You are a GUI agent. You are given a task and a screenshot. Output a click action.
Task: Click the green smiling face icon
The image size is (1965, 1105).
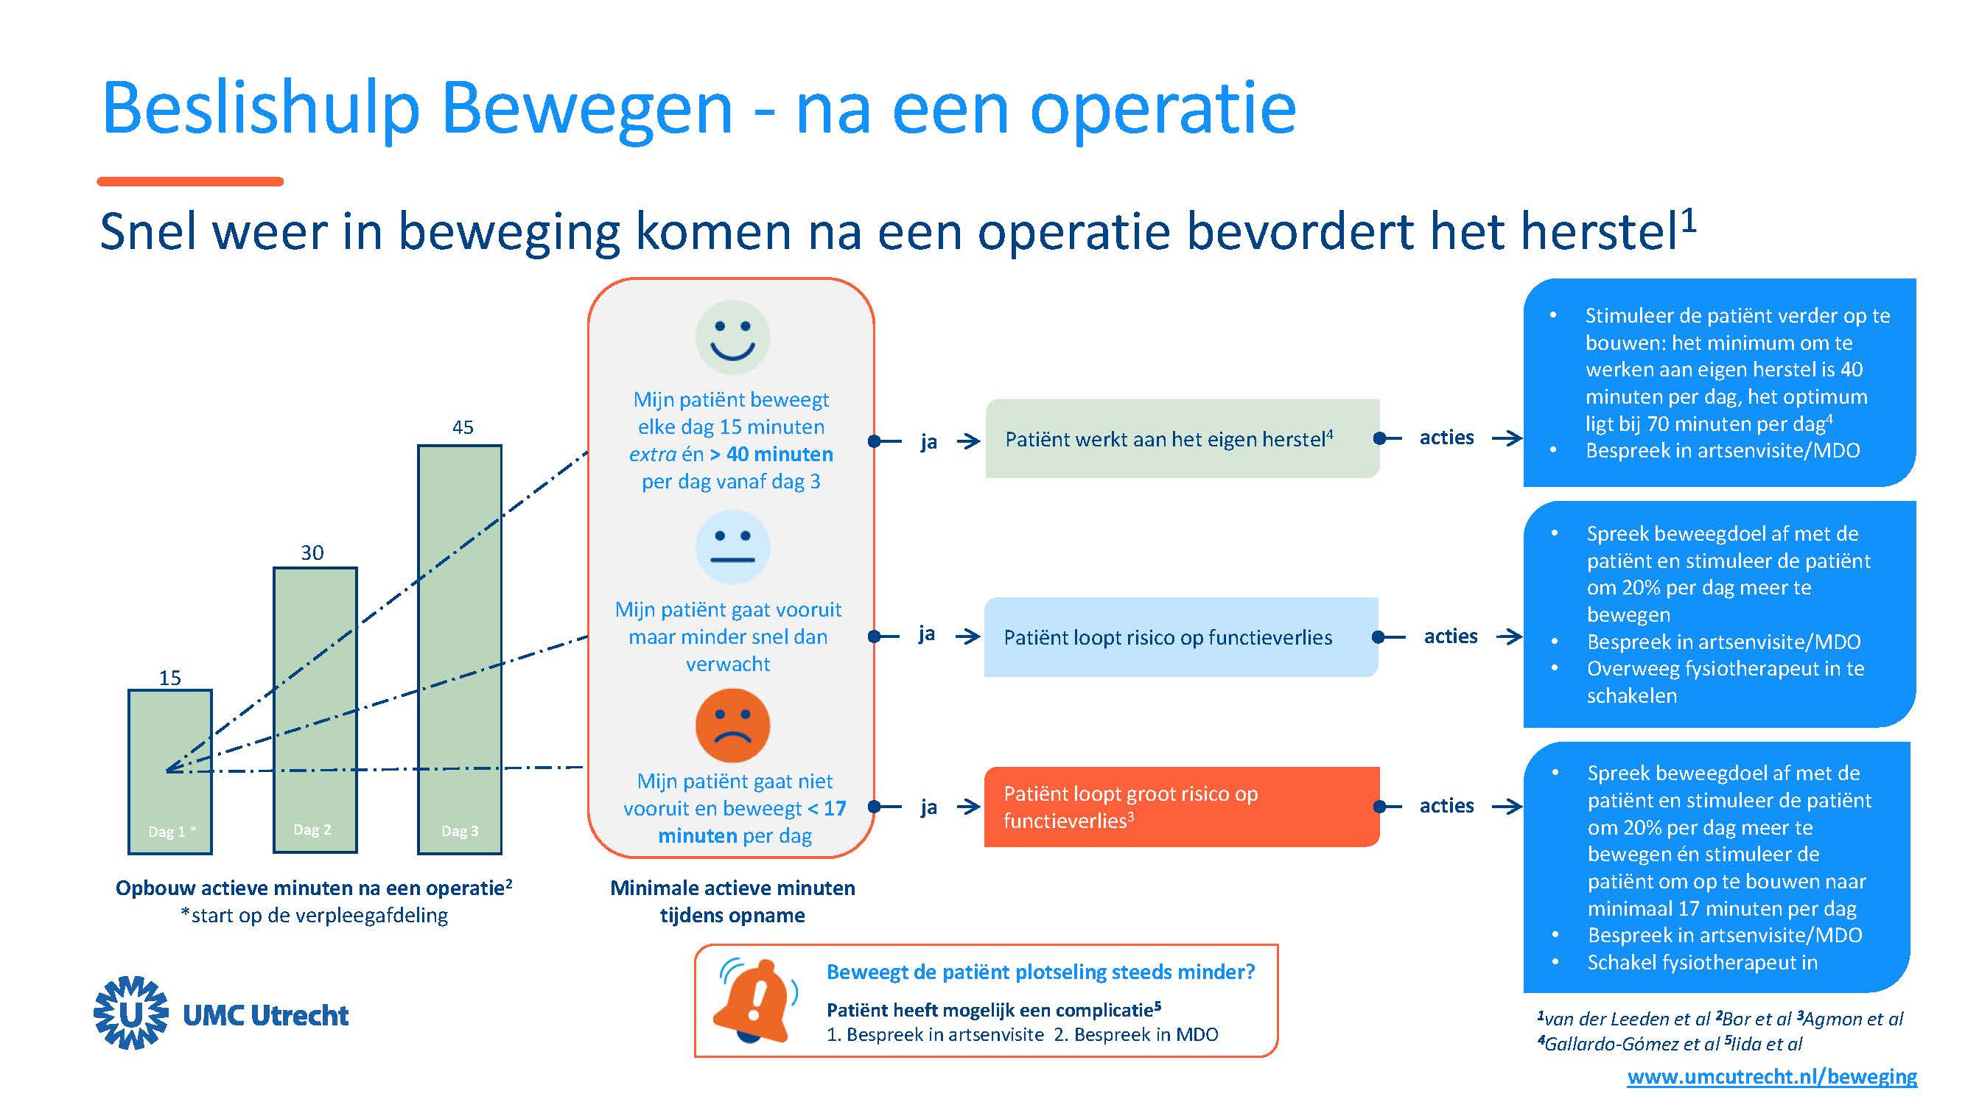732,337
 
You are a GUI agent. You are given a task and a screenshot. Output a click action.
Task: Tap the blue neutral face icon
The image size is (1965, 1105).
732,547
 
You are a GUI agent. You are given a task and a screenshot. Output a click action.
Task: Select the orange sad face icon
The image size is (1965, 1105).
732,725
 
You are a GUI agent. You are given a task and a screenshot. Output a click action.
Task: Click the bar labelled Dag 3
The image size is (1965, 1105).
459,648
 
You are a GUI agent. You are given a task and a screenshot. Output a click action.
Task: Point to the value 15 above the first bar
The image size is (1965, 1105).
170,677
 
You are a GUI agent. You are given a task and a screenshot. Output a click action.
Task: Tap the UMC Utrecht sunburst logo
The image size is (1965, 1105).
131,1013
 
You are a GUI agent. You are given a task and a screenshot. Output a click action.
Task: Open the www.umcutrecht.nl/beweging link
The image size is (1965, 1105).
1771,1076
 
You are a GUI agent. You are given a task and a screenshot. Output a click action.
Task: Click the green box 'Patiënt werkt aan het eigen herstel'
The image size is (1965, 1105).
1182,438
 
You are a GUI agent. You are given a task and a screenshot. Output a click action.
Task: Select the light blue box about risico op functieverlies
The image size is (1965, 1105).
1180,636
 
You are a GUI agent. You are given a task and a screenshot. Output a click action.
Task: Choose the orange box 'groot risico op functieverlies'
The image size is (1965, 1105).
1181,807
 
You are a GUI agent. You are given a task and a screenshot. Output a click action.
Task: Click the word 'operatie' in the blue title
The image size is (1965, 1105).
1163,108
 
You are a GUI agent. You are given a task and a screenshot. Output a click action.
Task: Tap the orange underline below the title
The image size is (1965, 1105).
190,181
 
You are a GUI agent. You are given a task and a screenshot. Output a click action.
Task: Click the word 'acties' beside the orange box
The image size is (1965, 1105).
1446,805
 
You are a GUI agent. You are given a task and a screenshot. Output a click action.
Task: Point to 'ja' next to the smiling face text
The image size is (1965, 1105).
928,441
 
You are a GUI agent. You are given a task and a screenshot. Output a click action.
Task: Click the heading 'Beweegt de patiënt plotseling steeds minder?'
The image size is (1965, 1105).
1040,972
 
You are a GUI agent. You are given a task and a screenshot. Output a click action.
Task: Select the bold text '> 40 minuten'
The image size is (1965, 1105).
771,454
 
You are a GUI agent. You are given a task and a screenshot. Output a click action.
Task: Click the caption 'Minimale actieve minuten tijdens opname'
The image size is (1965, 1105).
732,902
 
